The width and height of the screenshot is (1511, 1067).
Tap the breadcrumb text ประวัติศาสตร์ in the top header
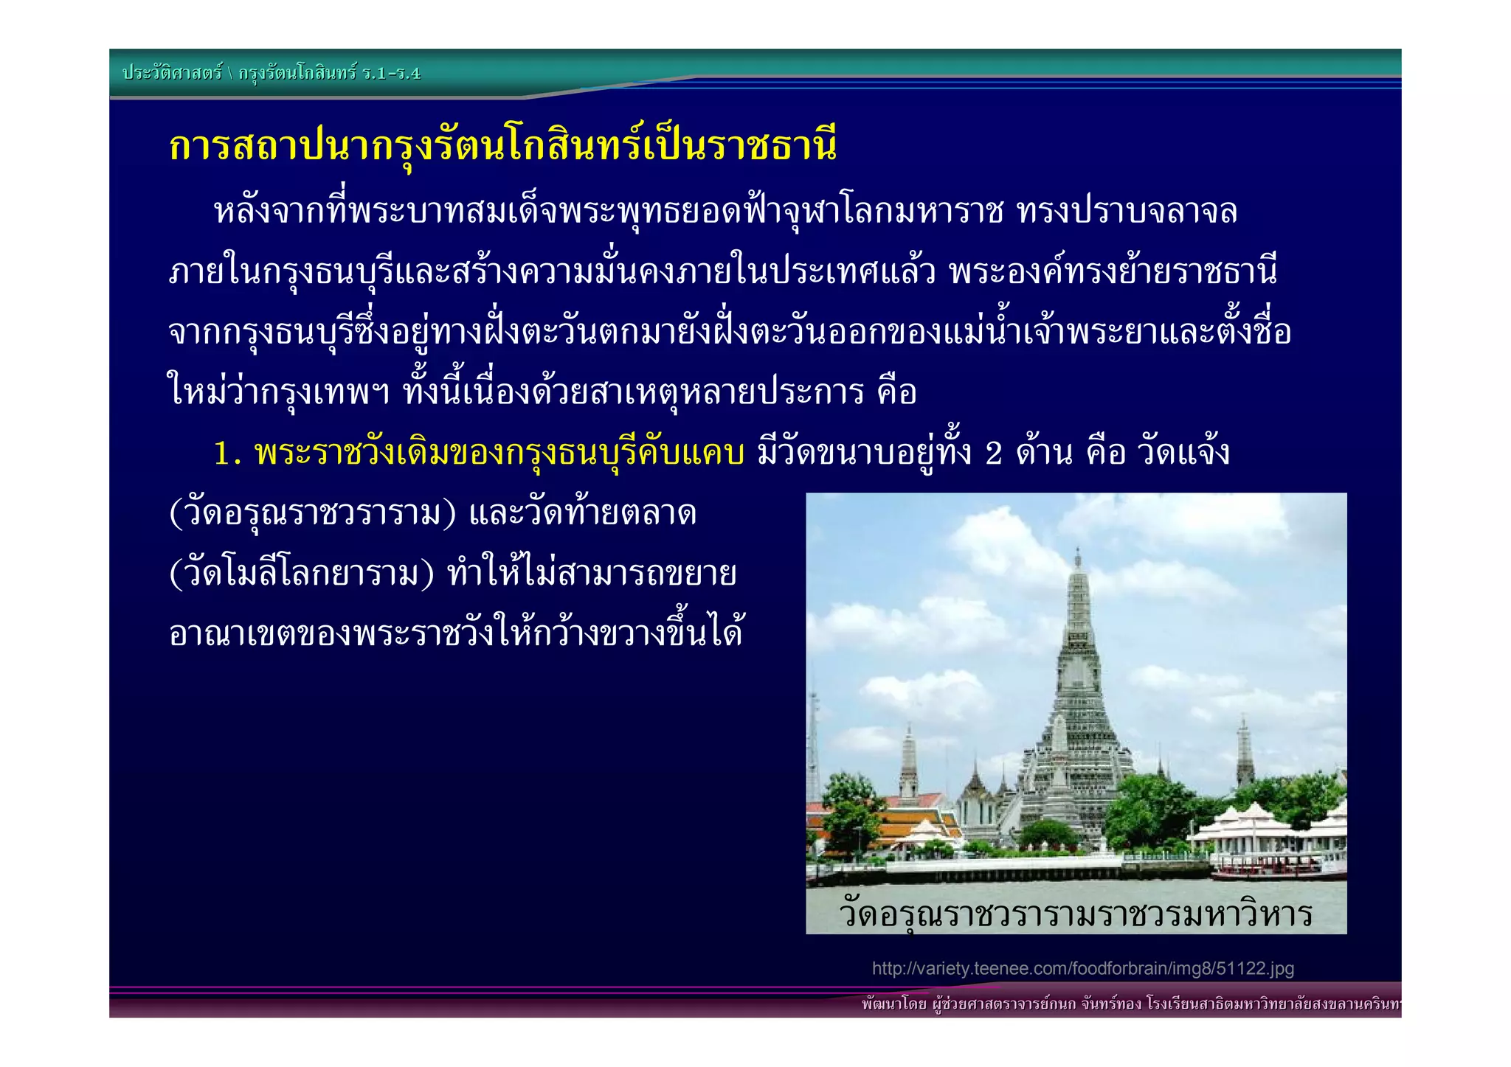click(x=172, y=72)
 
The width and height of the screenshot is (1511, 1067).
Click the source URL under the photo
click(x=1082, y=968)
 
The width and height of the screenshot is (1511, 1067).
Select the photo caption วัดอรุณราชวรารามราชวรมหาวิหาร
click(x=1076, y=914)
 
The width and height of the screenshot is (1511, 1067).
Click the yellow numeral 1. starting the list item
click(x=227, y=453)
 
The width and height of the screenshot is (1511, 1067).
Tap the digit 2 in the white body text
click(x=993, y=453)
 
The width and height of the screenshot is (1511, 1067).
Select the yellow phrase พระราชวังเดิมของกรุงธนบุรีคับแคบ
click(x=499, y=453)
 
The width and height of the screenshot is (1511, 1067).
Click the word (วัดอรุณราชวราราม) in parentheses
click(x=313, y=513)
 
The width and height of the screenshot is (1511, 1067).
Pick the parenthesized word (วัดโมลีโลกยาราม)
click(x=302, y=574)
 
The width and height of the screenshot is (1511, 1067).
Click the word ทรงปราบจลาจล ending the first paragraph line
click(x=1126, y=212)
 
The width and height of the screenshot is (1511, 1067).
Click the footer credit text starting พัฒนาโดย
click(x=1129, y=1004)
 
